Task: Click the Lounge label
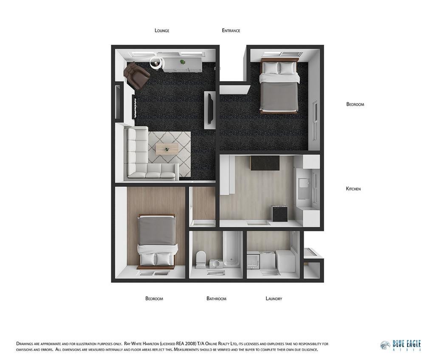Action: pyautogui.click(x=162, y=31)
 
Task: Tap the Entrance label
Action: pyautogui.click(x=231, y=31)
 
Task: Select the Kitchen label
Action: pyautogui.click(x=353, y=188)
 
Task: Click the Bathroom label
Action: pyautogui.click(x=216, y=298)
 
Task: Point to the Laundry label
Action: pyautogui.click(x=274, y=298)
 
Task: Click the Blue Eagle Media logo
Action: pyautogui.click(x=400, y=346)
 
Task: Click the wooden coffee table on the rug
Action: pyautogui.click(x=167, y=149)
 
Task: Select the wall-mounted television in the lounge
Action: pyautogui.click(x=211, y=108)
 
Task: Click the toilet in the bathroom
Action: pyautogui.click(x=201, y=259)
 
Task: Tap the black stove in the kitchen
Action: pyautogui.click(x=280, y=214)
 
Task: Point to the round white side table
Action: pyautogui.click(x=156, y=63)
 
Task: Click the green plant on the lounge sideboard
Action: pyautogui.click(x=182, y=62)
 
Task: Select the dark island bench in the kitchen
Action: pyautogui.click(x=265, y=163)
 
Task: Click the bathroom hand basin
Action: pyautogui.click(x=215, y=264)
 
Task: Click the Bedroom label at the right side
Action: pyautogui.click(x=355, y=104)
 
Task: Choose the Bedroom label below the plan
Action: pyautogui.click(x=154, y=298)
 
